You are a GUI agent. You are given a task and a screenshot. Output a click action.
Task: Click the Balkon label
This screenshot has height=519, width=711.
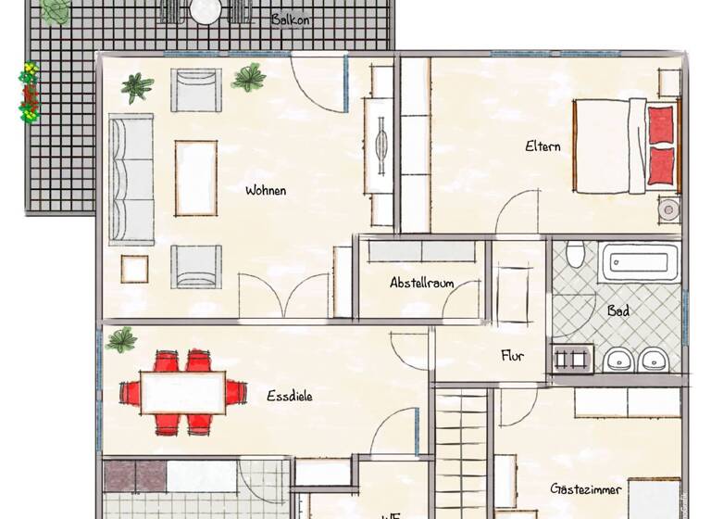290,19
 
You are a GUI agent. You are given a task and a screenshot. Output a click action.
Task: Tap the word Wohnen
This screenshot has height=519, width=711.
266,191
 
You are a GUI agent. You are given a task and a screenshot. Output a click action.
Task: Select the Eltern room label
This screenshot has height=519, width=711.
543,146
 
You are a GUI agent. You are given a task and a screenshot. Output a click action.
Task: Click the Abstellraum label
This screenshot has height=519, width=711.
421,283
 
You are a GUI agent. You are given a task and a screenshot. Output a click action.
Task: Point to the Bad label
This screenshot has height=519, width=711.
618,311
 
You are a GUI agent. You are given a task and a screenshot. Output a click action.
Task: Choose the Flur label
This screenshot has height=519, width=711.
514,355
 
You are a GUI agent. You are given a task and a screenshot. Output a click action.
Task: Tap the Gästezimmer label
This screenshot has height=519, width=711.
585,488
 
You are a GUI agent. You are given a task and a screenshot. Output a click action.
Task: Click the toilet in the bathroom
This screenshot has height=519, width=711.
575,253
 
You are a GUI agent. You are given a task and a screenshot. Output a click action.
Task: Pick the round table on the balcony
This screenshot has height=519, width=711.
205,11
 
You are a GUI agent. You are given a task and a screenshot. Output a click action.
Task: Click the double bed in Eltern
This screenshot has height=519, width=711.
626,146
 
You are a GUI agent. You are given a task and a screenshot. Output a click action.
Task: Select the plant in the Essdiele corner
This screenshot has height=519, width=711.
120,339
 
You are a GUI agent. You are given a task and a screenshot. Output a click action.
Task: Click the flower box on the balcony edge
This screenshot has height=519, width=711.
30,93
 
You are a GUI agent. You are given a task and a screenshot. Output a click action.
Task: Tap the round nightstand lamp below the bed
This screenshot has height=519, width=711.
667,209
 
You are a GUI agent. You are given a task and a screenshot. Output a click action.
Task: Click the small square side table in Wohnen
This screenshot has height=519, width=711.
135,268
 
